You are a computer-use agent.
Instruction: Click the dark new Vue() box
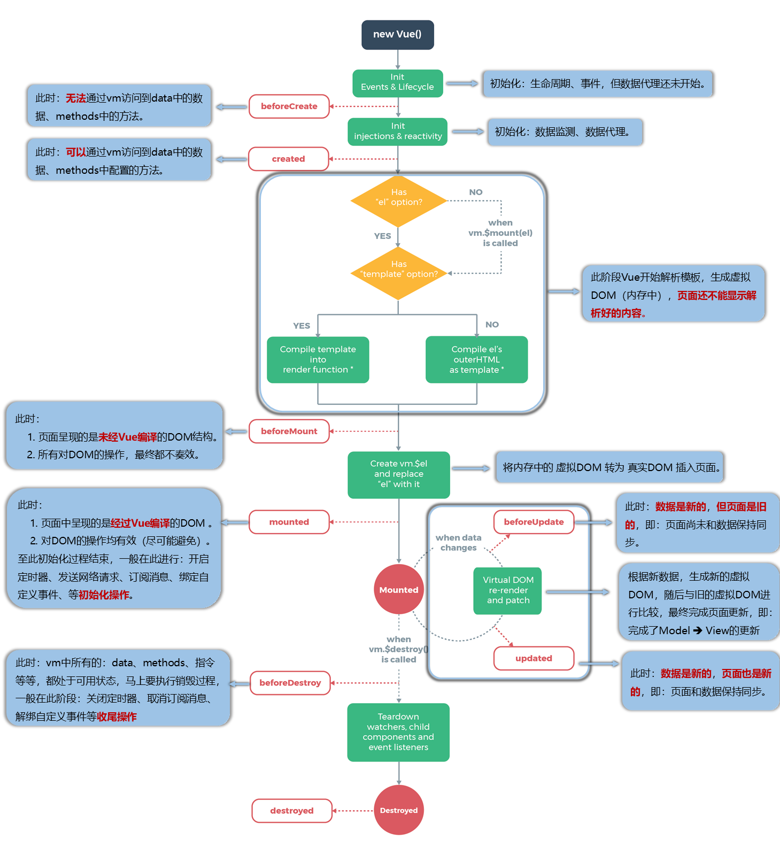(398, 35)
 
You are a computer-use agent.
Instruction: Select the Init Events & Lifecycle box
(398, 83)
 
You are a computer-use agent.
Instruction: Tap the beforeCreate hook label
(289, 106)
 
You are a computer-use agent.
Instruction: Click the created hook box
(289, 159)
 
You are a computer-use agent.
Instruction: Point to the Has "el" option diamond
(398, 201)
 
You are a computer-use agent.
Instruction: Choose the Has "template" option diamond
(398, 273)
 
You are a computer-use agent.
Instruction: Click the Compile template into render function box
(318, 359)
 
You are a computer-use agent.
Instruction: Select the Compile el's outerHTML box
(477, 359)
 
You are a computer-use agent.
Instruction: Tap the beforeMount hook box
(289, 431)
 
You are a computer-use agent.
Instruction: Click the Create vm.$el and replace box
(399, 475)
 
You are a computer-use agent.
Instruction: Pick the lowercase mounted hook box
(289, 522)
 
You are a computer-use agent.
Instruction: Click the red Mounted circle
(399, 589)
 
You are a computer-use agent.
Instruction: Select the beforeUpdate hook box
(534, 522)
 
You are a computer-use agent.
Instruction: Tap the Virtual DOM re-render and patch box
(508, 591)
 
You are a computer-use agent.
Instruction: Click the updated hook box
(534, 658)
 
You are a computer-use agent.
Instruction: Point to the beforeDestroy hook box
(290, 683)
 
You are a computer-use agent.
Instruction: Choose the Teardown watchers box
(398, 732)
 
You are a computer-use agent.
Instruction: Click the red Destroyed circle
(399, 810)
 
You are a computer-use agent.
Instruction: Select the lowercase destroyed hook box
(292, 811)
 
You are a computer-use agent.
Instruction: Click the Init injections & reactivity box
(398, 132)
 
